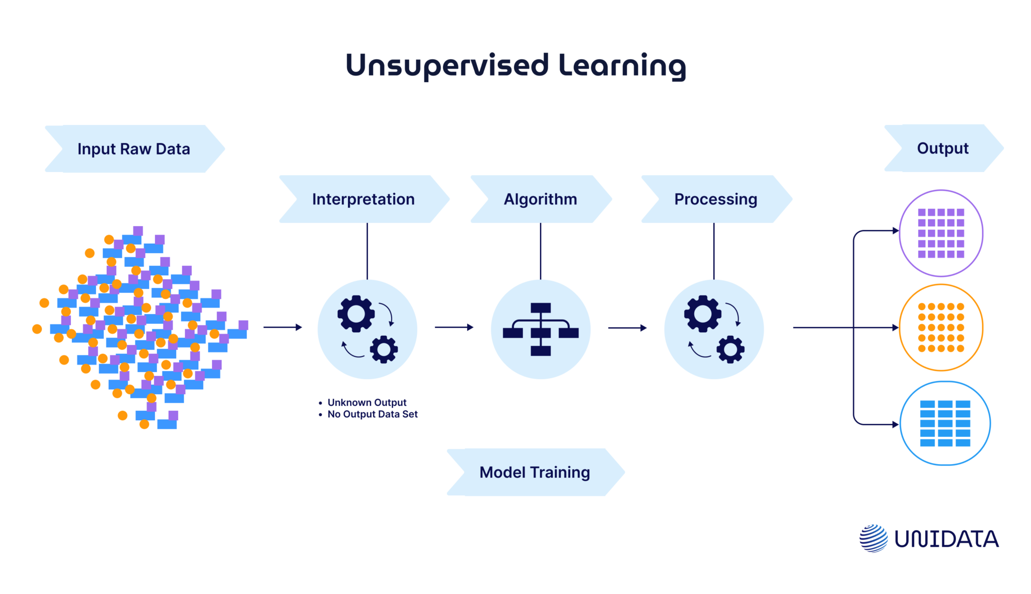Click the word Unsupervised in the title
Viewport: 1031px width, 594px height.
[447, 66]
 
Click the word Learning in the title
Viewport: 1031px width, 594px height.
[622, 66]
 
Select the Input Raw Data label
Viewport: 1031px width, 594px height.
[134, 149]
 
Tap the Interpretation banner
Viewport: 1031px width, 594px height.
[363, 199]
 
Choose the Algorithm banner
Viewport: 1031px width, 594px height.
[541, 199]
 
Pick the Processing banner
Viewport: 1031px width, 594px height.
[715, 199]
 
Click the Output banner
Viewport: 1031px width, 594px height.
[943, 148]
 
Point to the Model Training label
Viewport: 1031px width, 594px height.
[535, 472]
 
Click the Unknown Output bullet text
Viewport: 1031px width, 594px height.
[367, 402]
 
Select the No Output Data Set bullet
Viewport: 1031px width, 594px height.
[373, 414]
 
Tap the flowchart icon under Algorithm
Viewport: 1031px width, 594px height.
[541, 329]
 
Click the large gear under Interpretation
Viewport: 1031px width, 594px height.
[356, 314]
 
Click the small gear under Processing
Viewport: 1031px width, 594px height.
[730, 349]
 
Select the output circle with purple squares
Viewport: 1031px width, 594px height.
[941, 233]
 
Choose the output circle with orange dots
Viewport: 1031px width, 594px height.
[941, 328]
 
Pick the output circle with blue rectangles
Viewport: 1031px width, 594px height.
[945, 423]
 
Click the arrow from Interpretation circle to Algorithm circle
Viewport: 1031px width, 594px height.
[454, 327]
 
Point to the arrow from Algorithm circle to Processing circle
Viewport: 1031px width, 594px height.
[627, 328]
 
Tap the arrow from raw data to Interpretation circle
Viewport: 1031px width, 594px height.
[282, 327]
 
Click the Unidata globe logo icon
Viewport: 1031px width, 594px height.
[873, 538]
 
